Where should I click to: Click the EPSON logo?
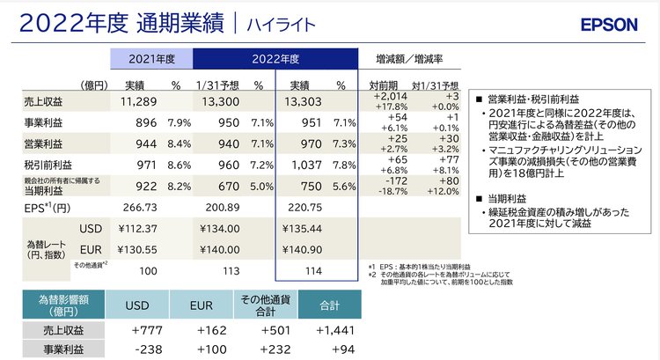609,25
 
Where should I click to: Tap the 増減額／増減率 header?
409,59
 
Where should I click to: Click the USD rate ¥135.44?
303,229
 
